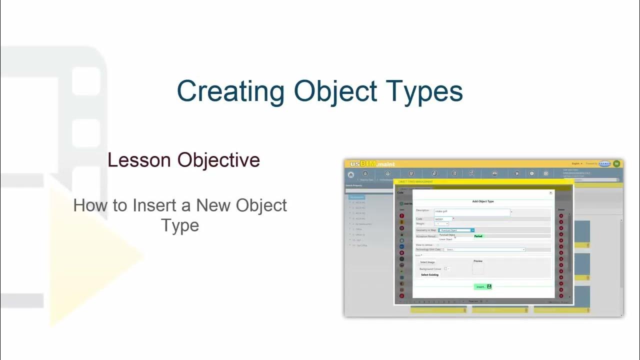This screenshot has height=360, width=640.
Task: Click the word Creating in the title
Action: click(230, 92)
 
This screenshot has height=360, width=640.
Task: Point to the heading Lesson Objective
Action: click(183, 160)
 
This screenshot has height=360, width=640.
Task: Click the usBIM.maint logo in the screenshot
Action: click(372, 164)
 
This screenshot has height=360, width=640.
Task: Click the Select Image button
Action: click(427, 262)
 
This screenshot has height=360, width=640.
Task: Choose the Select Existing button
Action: click(429, 274)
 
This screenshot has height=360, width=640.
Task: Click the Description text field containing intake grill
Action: click(471, 212)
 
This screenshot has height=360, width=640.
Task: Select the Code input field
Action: click(443, 219)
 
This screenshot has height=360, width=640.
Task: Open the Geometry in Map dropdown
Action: click(456, 230)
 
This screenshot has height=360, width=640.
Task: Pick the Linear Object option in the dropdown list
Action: click(445, 239)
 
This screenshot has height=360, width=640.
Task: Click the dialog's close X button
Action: click(551, 192)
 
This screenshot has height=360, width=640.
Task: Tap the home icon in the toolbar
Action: click(351, 174)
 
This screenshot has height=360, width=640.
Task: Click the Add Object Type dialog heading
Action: click(483, 201)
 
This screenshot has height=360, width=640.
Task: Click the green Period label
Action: click(478, 236)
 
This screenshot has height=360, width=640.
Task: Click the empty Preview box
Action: click(478, 269)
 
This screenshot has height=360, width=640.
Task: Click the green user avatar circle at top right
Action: click(616, 163)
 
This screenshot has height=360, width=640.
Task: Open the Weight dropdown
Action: click(442, 224)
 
